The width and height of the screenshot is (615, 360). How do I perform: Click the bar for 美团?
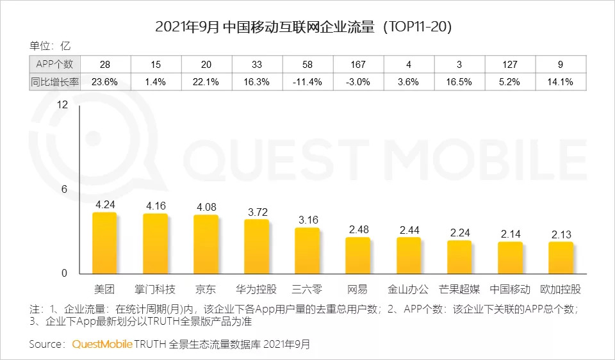pos(104,243)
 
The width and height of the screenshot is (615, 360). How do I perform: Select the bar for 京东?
pos(206,245)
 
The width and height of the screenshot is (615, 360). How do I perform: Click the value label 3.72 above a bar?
pos(256,211)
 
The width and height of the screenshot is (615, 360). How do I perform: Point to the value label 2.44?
pos(409,229)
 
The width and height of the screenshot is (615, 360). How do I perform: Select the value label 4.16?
pos(155,206)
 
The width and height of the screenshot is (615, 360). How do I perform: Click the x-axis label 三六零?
pos(307,289)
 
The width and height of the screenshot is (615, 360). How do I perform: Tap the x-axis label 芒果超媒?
pos(459,289)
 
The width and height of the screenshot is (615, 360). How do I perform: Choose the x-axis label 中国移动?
pos(510,289)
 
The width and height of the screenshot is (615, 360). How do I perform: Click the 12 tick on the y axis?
pos(62,105)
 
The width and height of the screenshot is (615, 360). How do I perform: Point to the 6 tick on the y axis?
pos(64,190)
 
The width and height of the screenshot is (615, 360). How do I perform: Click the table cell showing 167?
pos(359,64)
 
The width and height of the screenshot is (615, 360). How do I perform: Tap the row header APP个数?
pos(54,64)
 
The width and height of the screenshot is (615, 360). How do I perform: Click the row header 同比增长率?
pos(54,81)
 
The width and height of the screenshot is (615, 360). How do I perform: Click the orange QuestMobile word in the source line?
pos(102,344)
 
